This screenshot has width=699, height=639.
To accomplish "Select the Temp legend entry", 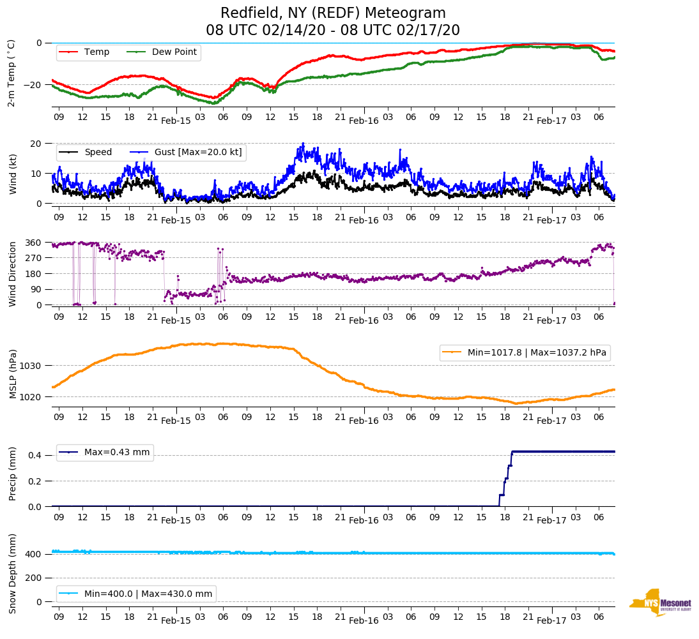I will click(96, 52).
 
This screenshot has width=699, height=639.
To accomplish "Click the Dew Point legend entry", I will click(174, 52).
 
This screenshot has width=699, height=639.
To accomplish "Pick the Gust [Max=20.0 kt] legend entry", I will click(198, 152).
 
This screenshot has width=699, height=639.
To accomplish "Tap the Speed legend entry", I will click(98, 152).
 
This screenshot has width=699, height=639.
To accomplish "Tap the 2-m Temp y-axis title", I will click(11, 73).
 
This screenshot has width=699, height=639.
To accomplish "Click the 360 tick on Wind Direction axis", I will click(34, 243).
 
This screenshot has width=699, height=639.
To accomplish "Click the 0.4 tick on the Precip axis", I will click(36, 456).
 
